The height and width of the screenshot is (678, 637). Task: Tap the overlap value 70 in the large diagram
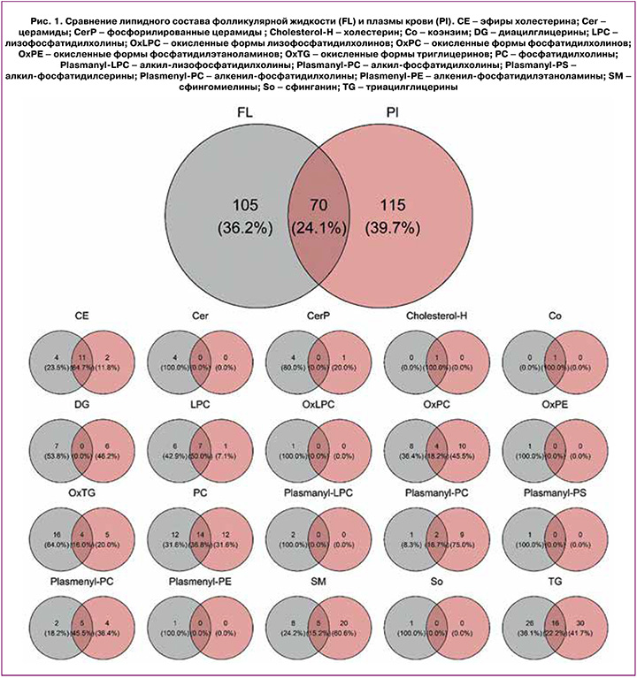[318, 206]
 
